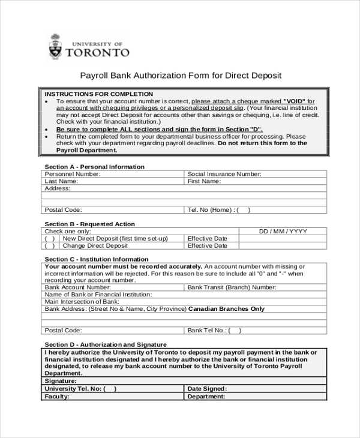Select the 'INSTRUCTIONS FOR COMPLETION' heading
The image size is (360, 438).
click(99, 94)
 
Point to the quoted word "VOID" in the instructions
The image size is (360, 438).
click(295, 101)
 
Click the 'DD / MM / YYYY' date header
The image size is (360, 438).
click(283, 231)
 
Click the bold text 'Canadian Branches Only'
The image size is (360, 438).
click(226, 309)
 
